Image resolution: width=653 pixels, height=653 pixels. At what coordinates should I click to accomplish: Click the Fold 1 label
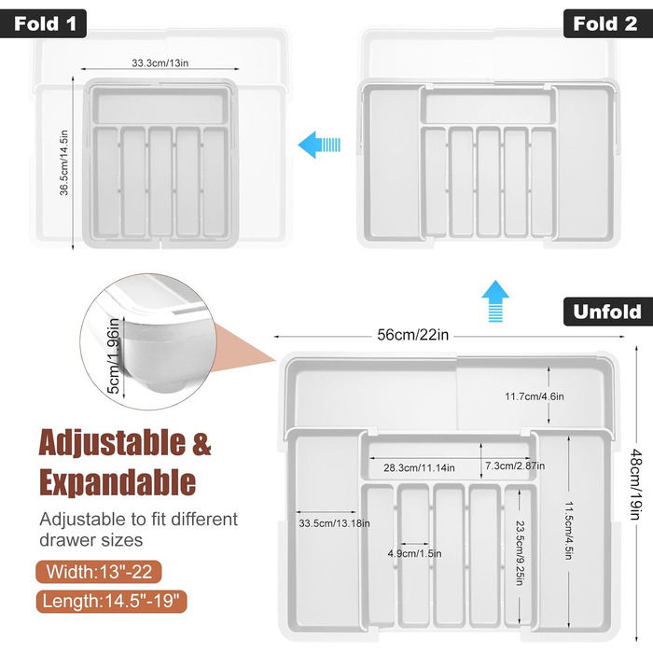point(43,23)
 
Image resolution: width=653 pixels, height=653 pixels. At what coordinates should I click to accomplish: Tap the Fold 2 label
point(607,23)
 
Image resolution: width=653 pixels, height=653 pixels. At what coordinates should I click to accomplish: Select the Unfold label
point(607,312)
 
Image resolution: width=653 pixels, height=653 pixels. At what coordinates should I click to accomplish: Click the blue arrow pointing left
point(319,145)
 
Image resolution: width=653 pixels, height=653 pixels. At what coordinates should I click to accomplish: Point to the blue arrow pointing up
point(495,301)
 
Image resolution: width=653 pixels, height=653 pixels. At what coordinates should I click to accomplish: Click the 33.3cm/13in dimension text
point(160,63)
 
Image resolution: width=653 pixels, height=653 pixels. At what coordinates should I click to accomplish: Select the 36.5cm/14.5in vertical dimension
point(63,163)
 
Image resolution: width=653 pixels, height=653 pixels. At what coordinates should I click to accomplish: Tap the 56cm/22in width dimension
point(412,335)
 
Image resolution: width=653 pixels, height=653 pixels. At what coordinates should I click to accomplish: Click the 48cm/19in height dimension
point(635,484)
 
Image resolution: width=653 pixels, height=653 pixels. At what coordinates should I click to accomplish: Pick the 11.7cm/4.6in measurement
point(535,396)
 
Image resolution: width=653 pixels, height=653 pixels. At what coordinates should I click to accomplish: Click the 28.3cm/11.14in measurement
point(419,467)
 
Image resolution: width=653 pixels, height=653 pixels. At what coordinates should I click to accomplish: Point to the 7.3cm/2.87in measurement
point(515,465)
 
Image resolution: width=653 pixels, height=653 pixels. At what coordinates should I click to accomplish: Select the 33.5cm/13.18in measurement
point(334,523)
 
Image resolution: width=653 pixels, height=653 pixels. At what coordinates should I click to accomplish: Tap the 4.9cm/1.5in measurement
point(414,553)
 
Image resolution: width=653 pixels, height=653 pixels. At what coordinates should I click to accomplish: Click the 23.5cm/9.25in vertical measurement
point(521,553)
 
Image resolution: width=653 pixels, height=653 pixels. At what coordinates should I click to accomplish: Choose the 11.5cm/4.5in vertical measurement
point(568,530)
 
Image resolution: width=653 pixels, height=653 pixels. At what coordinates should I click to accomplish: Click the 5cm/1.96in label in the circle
point(113,355)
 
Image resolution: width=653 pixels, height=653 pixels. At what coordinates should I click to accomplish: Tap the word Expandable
point(118,482)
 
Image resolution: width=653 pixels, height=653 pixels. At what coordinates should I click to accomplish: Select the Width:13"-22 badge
point(99,571)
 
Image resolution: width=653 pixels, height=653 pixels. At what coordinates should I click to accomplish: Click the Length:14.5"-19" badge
point(111,602)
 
